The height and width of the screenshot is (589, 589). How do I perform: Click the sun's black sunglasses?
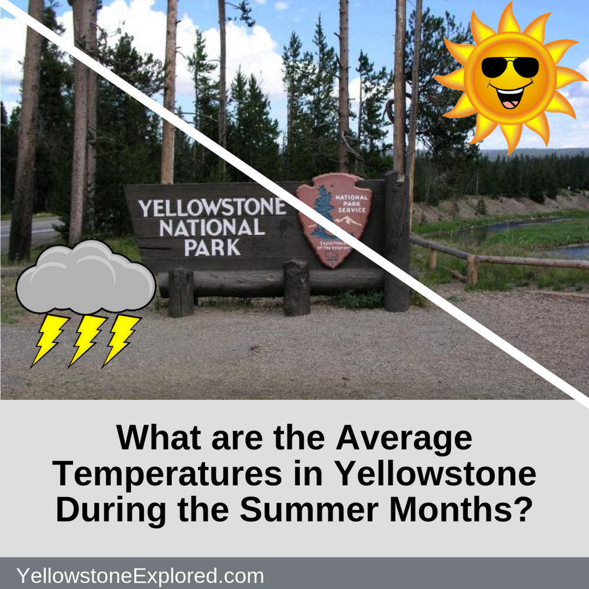[x=510, y=68]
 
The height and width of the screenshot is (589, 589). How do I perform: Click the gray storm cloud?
[x=85, y=278]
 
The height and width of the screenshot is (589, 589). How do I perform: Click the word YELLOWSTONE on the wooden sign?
[x=212, y=208]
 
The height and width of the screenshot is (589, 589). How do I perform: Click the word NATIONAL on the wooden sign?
[x=212, y=227]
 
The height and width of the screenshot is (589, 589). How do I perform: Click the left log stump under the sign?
[x=181, y=292]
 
